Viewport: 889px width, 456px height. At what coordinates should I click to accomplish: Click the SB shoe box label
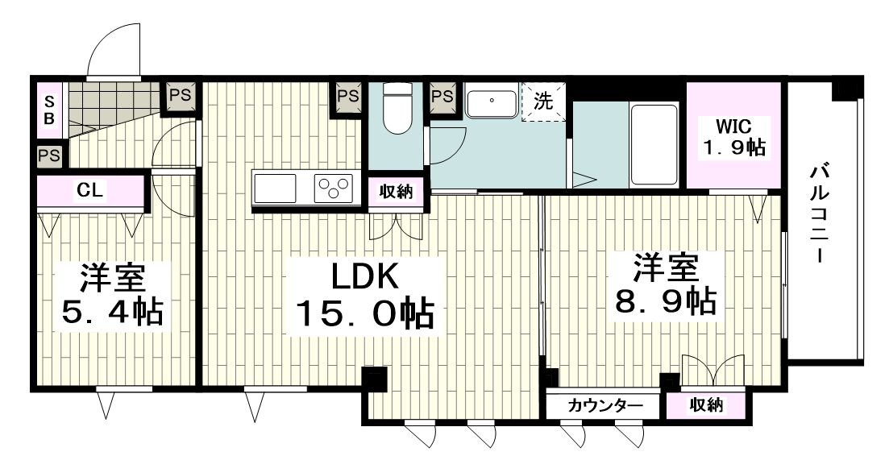coord(49,110)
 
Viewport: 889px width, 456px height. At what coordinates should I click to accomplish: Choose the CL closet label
coord(89,191)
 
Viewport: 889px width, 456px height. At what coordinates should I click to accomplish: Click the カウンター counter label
coord(605,405)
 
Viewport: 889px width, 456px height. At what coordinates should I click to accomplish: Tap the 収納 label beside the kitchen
coord(396,192)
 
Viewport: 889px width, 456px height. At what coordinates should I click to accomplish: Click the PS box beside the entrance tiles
coord(180,95)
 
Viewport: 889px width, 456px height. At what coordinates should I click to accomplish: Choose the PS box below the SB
coord(49,155)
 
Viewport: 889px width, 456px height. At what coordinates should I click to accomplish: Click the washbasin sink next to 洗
coord(492,103)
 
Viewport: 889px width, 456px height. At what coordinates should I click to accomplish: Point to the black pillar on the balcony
coord(846,87)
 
